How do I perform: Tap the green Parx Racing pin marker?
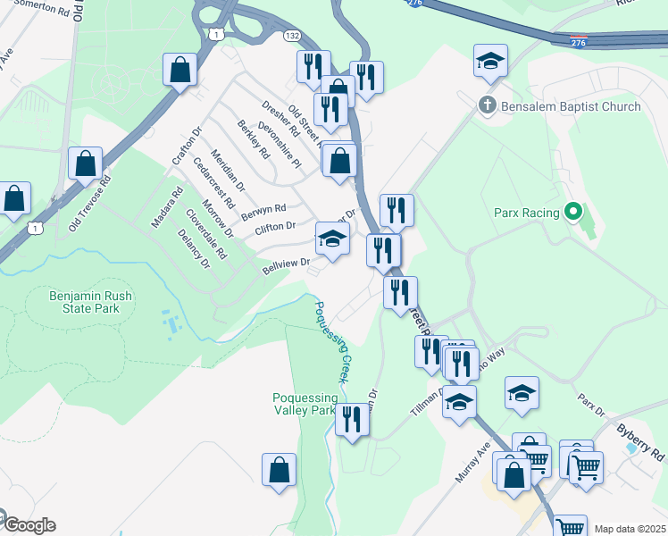(x=573, y=213)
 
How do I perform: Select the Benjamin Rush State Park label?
(x=85, y=301)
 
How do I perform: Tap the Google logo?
(x=29, y=525)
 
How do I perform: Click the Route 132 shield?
(x=292, y=36)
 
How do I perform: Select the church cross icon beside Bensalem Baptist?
(x=488, y=105)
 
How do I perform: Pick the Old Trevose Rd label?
(x=90, y=204)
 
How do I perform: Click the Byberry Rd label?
(x=640, y=440)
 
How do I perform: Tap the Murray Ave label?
(x=472, y=462)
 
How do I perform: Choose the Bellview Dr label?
(x=285, y=266)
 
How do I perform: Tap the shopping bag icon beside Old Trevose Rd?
(x=85, y=164)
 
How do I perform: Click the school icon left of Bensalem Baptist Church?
(x=490, y=61)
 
